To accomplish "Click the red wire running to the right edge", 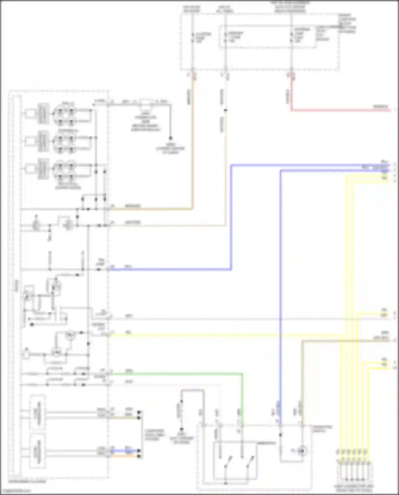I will tap(340, 110).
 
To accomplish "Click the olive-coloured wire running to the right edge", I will tap(346, 340).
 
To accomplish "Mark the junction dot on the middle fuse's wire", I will tap(225, 110).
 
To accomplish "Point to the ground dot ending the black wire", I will tap(171, 138).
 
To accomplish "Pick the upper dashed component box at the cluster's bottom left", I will tap(38, 412).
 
